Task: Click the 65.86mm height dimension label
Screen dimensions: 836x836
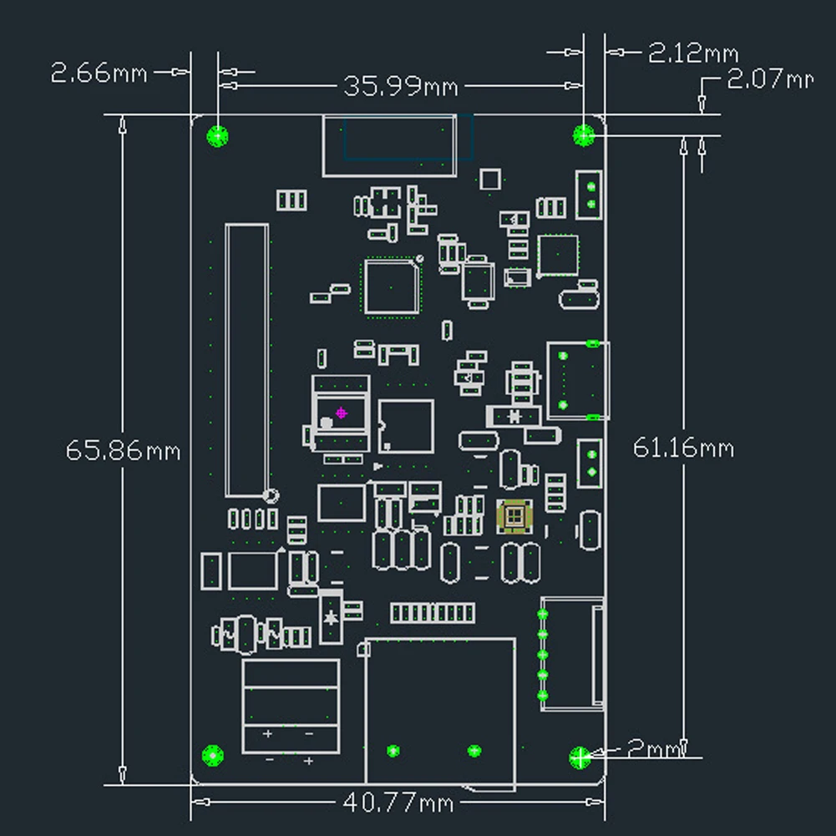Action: pyautogui.click(x=123, y=451)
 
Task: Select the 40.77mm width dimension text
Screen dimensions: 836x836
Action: pyautogui.click(x=398, y=802)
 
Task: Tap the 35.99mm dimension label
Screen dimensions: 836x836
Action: pyautogui.click(x=400, y=86)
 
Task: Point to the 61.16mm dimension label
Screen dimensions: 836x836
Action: pyautogui.click(x=683, y=448)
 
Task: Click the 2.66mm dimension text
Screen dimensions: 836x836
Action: pyautogui.click(x=99, y=73)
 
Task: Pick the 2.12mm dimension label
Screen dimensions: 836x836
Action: pyautogui.click(x=693, y=53)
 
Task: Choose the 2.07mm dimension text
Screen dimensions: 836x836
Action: pyautogui.click(x=770, y=79)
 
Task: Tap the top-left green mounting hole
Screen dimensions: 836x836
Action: pyautogui.click(x=217, y=136)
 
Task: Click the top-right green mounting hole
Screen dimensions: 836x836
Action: pyautogui.click(x=583, y=135)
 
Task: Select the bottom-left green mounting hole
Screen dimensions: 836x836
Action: pyautogui.click(x=213, y=756)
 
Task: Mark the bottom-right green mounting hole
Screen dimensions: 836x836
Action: pyautogui.click(x=580, y=757)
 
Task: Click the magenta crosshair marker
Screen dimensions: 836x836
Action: pyautogui.click(x=342, y=413)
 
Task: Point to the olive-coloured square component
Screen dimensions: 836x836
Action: pyautogui.click(x=514, y=516)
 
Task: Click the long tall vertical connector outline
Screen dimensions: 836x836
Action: pyautogui.click(x=225, y=361)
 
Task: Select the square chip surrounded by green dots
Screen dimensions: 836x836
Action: pyautogui.click(x=392, y=286)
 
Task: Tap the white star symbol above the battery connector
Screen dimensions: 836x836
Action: pyautogui.click(x=331, y=617)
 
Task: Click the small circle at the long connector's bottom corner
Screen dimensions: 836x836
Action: pyautogui.click(x=271, y=496)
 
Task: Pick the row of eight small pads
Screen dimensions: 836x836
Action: pyautogui.click(x=433, y=613)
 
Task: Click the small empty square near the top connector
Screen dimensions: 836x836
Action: pyautogui.click(x=490, y=179)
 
